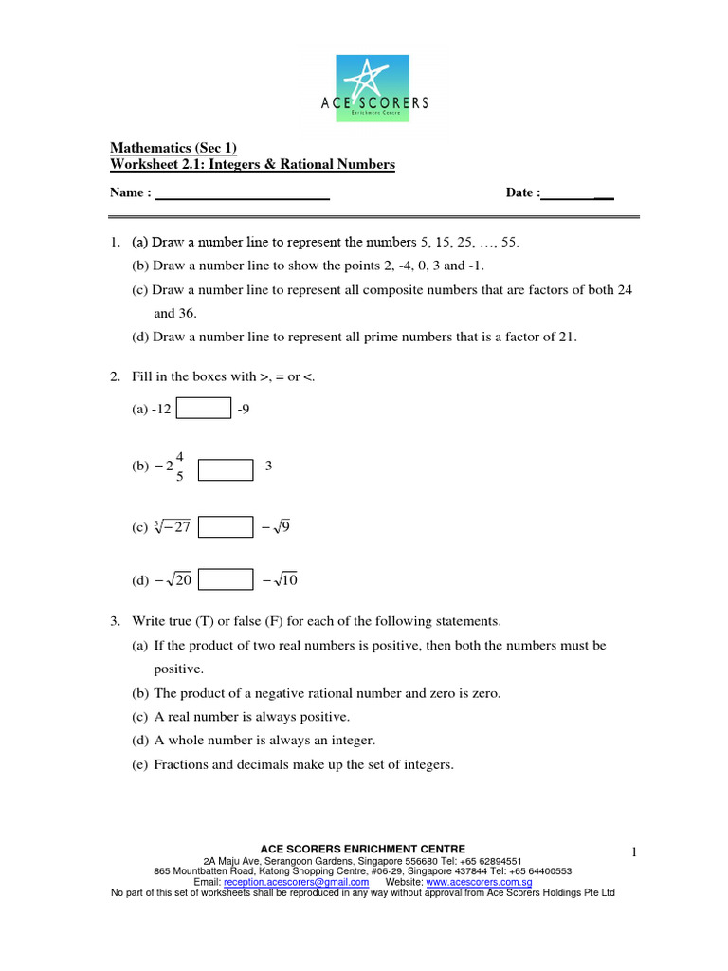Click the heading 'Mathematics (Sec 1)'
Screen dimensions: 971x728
[x=173, y=148]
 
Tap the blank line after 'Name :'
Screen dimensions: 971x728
[x=242, y=193]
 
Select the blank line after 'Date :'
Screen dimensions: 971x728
[x=577, y=193]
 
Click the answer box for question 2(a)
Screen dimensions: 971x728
[x=204, y=408]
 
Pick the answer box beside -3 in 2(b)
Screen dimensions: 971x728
[x=226, y=469]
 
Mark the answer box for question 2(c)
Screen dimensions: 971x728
[x=226, y=526]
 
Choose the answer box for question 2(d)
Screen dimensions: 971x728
[x=226, y=579]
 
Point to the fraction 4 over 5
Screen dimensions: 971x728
[x=180, y=467]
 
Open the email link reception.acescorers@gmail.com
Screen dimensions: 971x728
[x=296, y=881]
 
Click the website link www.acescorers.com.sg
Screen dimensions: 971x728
[x=479, y=881]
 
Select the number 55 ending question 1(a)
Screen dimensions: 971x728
[x=510, y=242]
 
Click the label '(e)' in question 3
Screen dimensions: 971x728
[x=139, y=764]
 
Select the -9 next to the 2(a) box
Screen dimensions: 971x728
[x=245, y=409]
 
